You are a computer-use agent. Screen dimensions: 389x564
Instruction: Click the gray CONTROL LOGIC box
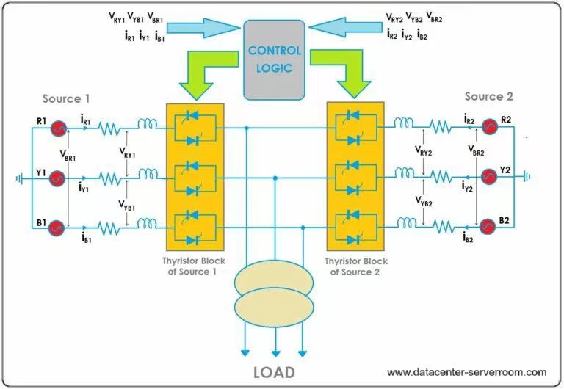274,59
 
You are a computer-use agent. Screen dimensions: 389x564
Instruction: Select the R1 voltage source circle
56,128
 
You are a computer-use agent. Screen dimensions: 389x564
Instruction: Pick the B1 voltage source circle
56,228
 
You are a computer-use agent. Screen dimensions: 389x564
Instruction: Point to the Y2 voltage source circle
489,177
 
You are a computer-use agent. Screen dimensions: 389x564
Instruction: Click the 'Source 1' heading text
67,99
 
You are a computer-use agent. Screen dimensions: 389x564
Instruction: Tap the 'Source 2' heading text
489,96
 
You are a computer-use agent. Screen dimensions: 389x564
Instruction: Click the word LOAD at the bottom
274,371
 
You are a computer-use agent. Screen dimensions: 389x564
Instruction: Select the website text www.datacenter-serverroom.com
466,371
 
